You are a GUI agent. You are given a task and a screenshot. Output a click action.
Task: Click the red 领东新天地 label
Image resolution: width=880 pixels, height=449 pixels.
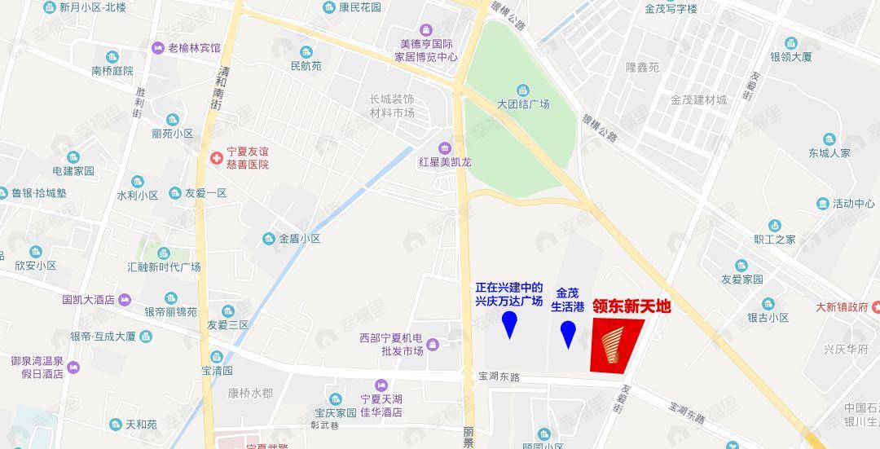(631, 306)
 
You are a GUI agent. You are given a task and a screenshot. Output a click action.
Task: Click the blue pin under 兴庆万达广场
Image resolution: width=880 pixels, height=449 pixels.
(510, 325)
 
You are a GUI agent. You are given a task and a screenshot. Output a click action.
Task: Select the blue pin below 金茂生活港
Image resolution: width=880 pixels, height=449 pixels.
(568, 333)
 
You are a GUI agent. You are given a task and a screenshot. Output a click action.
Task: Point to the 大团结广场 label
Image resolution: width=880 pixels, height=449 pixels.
(523, 104)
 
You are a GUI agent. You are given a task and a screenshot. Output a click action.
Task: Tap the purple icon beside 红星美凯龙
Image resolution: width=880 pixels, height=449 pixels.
(444, 147)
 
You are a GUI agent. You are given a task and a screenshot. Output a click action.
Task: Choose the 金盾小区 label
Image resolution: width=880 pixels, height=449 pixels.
(300, 239)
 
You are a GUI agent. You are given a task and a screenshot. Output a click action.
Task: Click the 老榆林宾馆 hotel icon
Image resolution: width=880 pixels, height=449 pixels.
(158, 48)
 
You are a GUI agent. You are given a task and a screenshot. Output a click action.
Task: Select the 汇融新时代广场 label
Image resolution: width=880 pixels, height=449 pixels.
(164, 267)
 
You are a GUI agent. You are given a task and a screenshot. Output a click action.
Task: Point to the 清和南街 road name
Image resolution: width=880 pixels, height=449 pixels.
(218, 87)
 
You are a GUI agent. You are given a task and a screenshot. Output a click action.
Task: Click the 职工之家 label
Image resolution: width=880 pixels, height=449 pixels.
(775, 240)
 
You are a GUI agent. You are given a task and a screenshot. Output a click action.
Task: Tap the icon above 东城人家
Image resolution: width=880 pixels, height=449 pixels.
(829, 139)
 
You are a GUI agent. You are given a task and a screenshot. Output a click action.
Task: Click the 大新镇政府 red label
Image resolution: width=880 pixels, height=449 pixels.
(842, 307)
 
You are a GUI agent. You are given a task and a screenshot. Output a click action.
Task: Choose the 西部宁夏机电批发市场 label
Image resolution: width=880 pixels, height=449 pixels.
(391, 344)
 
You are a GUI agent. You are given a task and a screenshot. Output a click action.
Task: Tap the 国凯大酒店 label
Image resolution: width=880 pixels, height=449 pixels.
(88, 299)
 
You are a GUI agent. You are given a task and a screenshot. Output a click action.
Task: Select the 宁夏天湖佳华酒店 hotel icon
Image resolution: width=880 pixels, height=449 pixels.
(380, 385)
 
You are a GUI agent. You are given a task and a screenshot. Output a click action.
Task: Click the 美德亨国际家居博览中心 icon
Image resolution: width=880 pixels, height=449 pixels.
(425, 30)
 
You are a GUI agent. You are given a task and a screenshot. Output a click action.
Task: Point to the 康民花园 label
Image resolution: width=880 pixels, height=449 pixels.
(360, 7)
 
